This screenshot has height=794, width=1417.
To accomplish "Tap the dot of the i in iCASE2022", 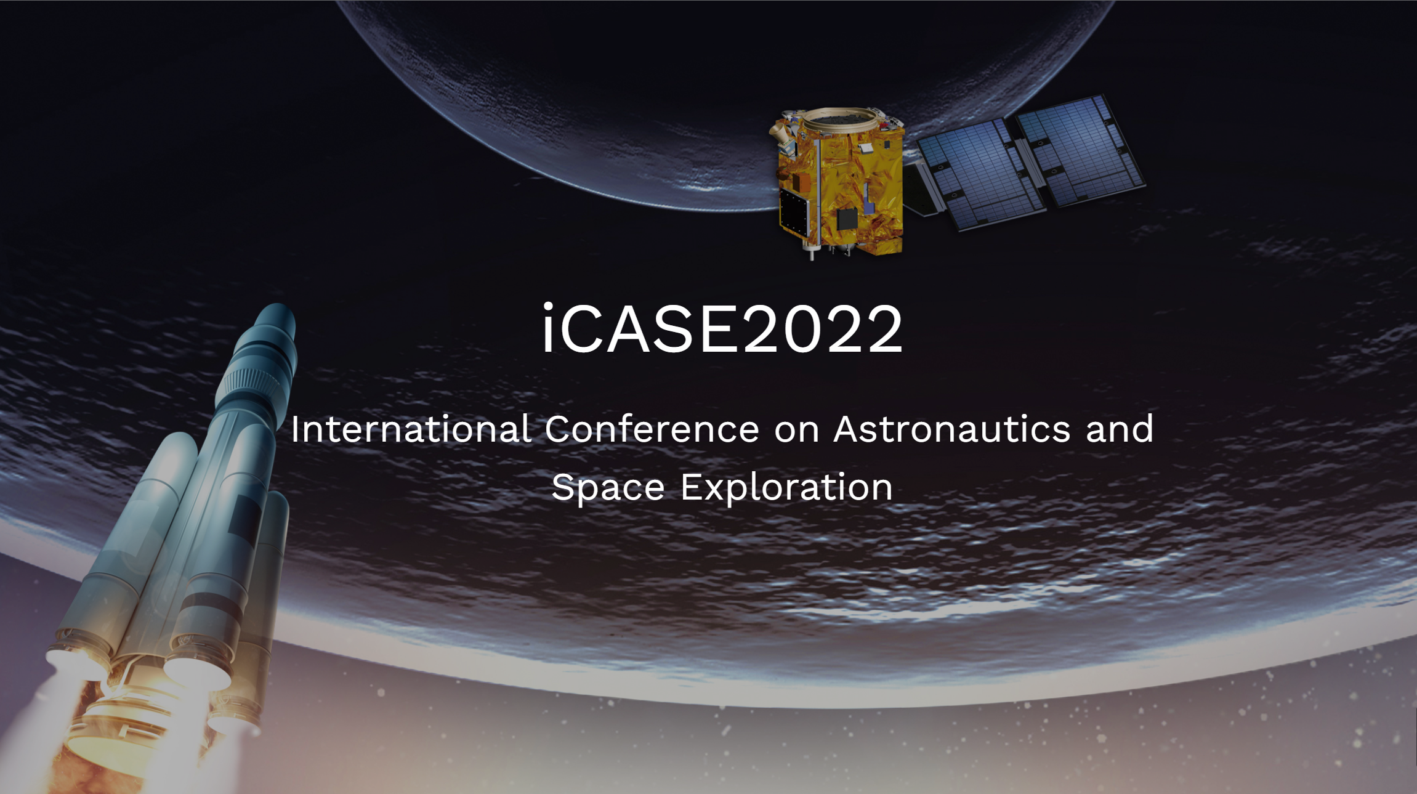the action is point(547,306).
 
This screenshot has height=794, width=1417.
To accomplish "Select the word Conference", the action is point(652,429).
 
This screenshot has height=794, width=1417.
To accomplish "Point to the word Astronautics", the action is point(952,429).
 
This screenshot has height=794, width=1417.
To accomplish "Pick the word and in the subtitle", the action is point(1120,429).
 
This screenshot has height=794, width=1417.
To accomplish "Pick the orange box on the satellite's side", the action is point(801,182).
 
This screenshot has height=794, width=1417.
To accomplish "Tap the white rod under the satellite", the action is point(812,253).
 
